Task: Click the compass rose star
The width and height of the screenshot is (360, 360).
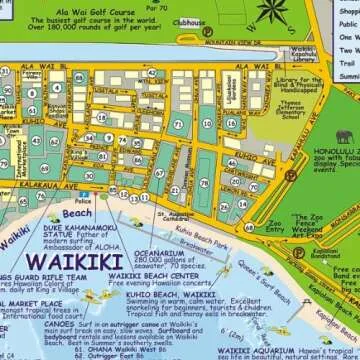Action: [272, 12]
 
